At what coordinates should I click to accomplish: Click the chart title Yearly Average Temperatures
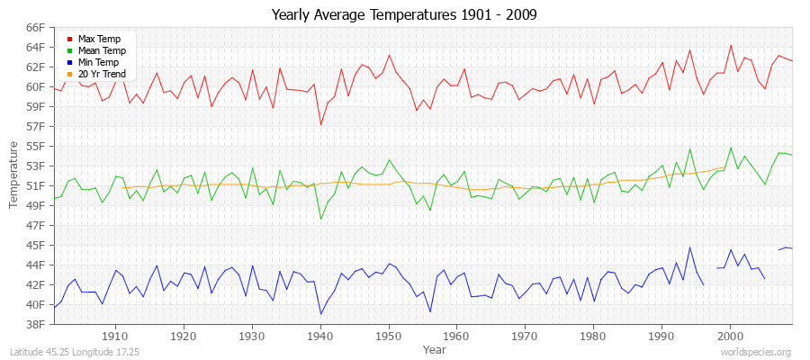[x=405, y=15]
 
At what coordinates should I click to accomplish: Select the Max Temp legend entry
[x=98, y=40]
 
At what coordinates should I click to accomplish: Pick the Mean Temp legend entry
[x=101, y=51]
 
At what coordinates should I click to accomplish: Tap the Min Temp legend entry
[x=99, y=63]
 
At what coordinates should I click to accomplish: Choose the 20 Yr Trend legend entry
[x=102, y=75]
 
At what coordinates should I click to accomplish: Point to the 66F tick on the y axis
[x=35, y=27]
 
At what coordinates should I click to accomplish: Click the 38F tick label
[x=35, y=324]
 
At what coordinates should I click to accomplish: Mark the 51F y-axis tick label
[x=35, y=185]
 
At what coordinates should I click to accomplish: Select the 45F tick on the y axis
[x=35, y=245]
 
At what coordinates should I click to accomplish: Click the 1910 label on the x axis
[x=115, y=336]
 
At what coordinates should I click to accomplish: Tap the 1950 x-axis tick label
[x=389, y=336]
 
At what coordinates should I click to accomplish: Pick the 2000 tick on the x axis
[x=730, y=336]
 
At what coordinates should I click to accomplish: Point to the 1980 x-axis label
[x=593, y=336]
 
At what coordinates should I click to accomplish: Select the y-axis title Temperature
[x=13, y=175]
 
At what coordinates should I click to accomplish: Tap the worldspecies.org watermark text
[x=757, y=352]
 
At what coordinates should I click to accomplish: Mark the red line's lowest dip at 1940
[x=320, y=124]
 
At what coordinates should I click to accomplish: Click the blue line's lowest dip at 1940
[x=320, y=314]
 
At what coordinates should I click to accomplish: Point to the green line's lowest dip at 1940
[x=320, y=219]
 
